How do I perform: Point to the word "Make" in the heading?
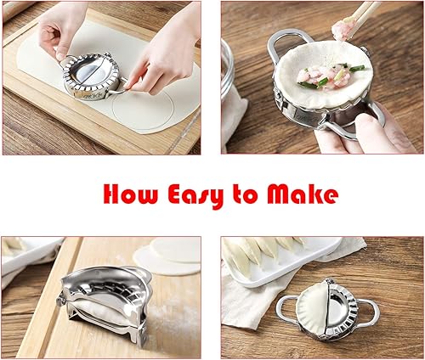[301, 194]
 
